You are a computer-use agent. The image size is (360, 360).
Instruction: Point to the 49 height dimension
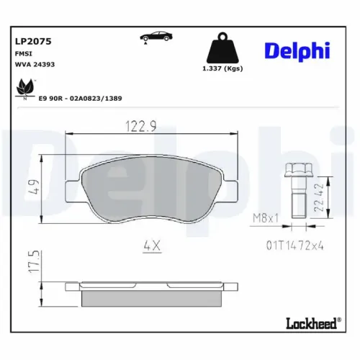click(x=33, y=190)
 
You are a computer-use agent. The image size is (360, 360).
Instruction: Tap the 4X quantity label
click(x=152, y=245)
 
